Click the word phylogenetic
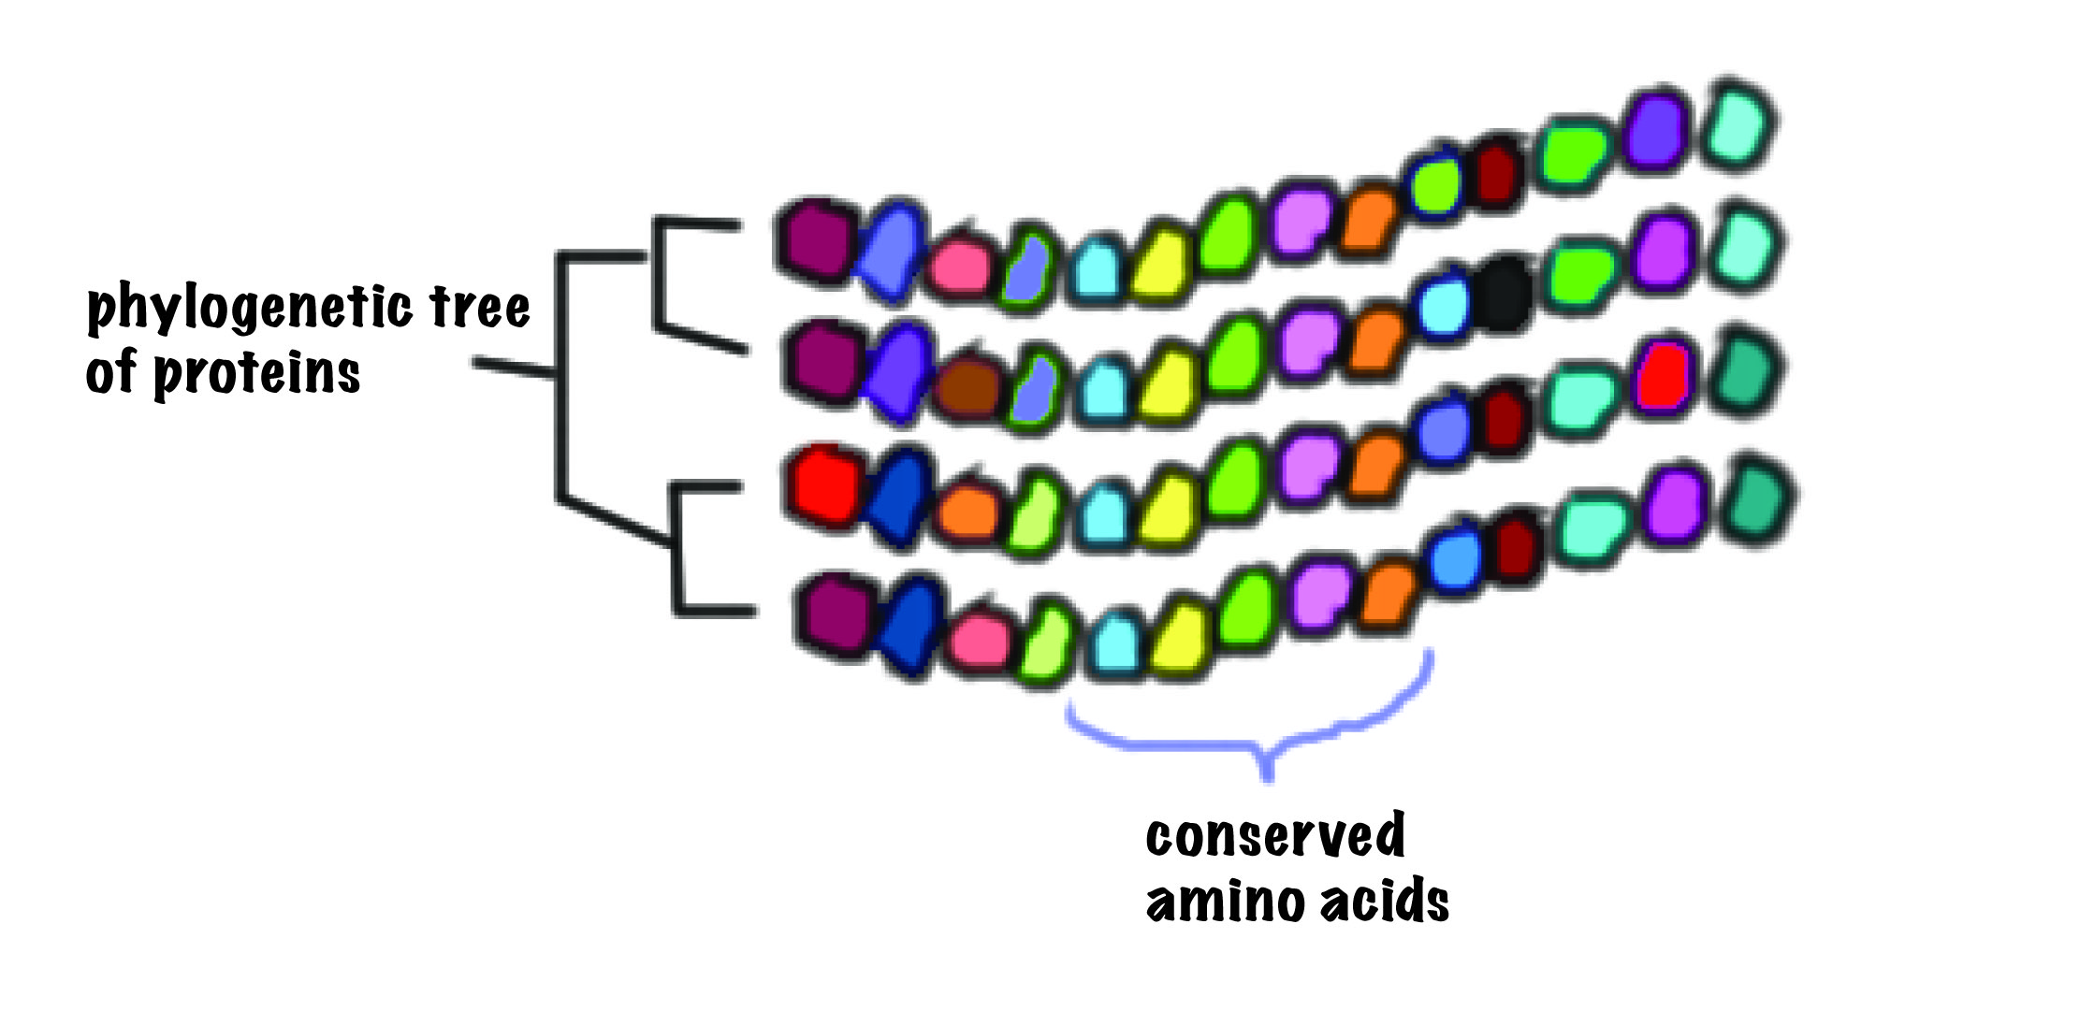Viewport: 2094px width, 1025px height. click(249, 309)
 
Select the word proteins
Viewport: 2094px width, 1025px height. click(256, 374)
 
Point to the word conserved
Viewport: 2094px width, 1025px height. click(1275, 835)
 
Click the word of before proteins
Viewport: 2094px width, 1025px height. click(111, 372)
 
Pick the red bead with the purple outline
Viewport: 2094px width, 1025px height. click(1663, 378)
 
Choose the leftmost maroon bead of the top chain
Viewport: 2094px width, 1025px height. click(816, 239)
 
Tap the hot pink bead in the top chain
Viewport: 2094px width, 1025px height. click(960, 265)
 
